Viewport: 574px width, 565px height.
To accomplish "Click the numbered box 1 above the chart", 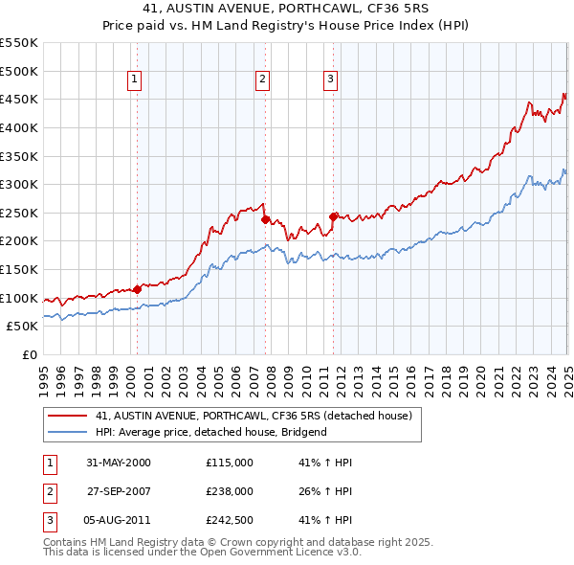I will click(135, 79).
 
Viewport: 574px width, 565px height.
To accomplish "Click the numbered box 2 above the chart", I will click(262, 79).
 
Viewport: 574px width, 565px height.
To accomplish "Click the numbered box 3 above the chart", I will click(330, 79).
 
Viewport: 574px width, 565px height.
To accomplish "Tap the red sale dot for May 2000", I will click(137, 288).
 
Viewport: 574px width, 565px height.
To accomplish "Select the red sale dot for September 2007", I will click(265, 219).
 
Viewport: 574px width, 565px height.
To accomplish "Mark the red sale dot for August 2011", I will click(333, 216).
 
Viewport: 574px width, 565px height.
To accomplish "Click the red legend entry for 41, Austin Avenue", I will click(253, 416).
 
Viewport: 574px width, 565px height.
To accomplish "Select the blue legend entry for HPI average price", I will click(210, 432).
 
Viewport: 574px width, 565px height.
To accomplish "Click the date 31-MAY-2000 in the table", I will click(119, 463).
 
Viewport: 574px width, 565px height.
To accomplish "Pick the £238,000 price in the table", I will click(230, 492).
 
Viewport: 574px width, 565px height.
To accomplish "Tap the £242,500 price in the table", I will click(230, 522).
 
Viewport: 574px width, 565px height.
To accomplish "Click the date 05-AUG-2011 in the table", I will click(119, 522).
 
